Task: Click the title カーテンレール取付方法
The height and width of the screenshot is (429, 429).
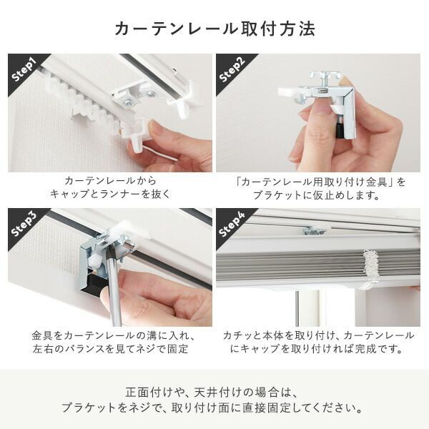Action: pyautogui.click(x=214, y=29)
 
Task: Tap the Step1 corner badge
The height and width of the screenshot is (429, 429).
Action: pyautogui.click(x=26, y=69)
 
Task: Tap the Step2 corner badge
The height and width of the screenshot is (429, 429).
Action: pyautogui.click(x=233, y=69)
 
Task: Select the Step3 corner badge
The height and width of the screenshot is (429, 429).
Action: pyautogui.click(x=26, y=225)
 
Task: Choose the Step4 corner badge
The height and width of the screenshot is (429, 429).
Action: pyautogui.click(x=233, y=225)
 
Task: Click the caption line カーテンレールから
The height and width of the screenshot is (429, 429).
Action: pyautogui.click(x=109, y=182)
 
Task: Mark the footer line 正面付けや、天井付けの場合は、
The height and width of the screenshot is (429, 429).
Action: pyautogui.click(x=214, y=393)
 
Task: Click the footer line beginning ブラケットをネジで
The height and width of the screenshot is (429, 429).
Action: pyautogui.click(x=214, y=409)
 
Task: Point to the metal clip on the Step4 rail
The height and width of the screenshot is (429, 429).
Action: pyautogui.click(x=315, y=230)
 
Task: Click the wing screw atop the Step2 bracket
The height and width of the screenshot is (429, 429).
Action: pyautogui.click(x=325, y=77)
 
